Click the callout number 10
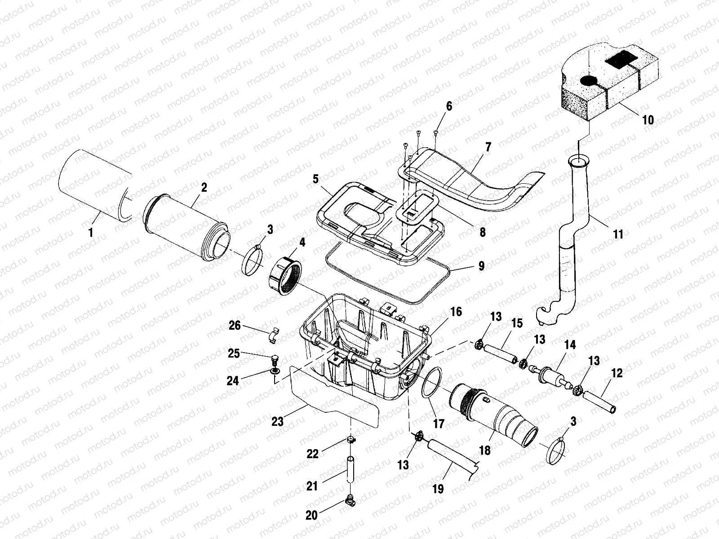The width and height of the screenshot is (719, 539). point(648,120)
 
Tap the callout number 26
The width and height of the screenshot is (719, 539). point(235,325)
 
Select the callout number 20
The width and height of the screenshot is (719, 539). point(311,515)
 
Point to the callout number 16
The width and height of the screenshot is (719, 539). point(456,312)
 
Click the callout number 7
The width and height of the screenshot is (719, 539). point(488,147)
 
